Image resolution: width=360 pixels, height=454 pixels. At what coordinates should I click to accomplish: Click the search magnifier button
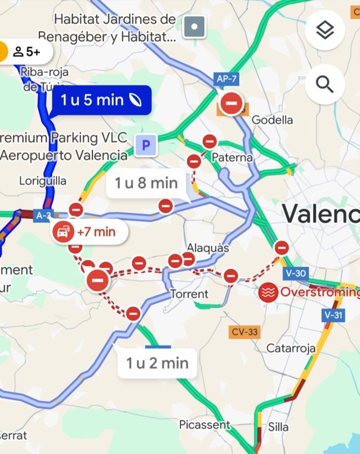click(x=325, y=84)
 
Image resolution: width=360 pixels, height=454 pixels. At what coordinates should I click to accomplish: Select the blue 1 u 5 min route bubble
click(x=101, y=100)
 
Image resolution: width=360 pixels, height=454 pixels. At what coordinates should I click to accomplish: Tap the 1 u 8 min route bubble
click(x=146, y=183)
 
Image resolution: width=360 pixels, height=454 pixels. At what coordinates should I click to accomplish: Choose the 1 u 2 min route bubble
click(x=157, y=363)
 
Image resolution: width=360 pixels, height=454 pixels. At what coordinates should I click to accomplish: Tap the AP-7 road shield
click(x=227, y=79)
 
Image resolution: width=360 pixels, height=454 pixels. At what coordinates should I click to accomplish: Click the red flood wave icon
click(x=268, y=292)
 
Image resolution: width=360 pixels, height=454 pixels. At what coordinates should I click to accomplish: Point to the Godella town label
click(x=272, y=120)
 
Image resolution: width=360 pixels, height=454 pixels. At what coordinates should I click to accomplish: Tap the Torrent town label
click(x=189, y=294)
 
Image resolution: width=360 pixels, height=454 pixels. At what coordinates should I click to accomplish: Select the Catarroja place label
click(x=291, y=348)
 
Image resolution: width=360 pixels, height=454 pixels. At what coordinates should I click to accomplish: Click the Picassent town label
click(x=204, y=425)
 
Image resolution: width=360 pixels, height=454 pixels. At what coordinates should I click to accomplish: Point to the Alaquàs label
click(x=208, y=248)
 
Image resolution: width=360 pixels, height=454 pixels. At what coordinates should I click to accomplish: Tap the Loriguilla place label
click(x=43, y=181)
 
